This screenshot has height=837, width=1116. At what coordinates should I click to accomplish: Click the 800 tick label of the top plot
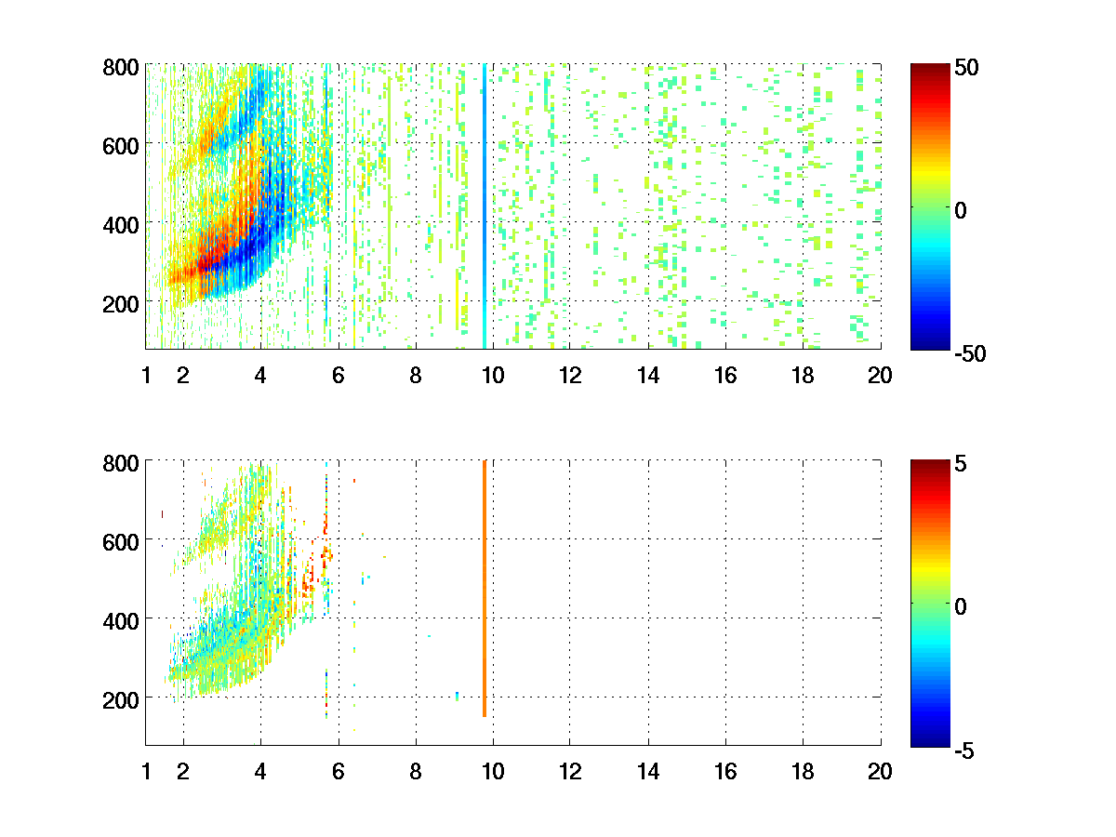click(121, 68)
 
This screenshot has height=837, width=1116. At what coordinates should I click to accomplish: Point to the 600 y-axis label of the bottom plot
click(121, 543)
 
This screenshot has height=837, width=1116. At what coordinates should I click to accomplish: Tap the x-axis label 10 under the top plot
click(493, 376)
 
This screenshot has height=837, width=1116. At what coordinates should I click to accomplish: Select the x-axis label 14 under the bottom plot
click(648, 772)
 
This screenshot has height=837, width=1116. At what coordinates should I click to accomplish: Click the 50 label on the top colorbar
click(966, 68)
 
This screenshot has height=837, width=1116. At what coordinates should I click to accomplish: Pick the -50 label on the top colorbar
click(970, 353)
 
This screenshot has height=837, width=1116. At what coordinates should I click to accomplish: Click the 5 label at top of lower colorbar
click(961, 463)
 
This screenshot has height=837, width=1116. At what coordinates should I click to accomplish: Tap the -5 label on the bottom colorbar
click(964, 751)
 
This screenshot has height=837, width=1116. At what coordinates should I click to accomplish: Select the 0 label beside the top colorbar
click(961, 210)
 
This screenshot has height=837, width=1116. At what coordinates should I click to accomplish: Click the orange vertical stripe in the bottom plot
click(485, 589)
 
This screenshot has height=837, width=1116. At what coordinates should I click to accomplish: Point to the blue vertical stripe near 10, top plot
click(485, 206)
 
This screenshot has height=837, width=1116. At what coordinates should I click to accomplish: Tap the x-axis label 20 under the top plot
click(880, 376)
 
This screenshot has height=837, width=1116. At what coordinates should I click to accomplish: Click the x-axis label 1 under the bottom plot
click(146, 772)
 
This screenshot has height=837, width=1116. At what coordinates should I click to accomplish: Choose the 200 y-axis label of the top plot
click(121, 304)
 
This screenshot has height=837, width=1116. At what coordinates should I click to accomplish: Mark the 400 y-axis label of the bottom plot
click(121, 621)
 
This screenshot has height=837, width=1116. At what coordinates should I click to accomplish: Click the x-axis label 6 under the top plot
click(339, 376)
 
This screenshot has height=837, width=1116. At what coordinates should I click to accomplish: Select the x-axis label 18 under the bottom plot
click(803, 772)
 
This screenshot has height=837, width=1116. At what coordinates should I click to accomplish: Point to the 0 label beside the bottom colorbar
click(961, 606)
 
